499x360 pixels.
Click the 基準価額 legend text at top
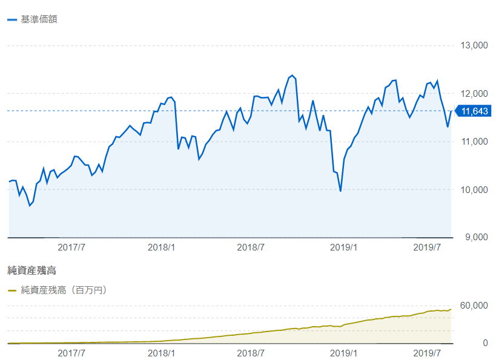click(x=39, y=19)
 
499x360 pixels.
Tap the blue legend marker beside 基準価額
click(x=12, y=19)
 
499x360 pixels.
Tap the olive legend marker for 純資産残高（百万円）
click(x=12, y=290)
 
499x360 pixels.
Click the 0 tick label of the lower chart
click(x=484, y=343)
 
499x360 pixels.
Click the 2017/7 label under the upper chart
click(x=71, y=247)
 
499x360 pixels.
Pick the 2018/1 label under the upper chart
click(x=161, y=247)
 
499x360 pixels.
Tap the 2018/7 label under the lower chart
click(x=250, y=352)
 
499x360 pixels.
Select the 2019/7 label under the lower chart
click(x=426, y=352)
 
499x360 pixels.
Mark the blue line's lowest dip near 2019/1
click(x=340, y=191)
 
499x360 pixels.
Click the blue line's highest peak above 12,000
click(x=292, y=76)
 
